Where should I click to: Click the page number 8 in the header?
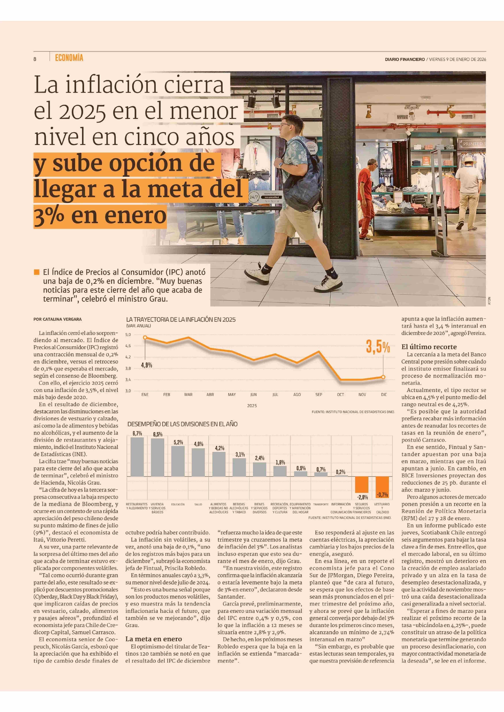pos(35,59)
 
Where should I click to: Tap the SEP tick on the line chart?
pos(319,395)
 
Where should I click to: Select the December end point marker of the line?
pos(383,377)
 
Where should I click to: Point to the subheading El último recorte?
pos(429,347)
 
